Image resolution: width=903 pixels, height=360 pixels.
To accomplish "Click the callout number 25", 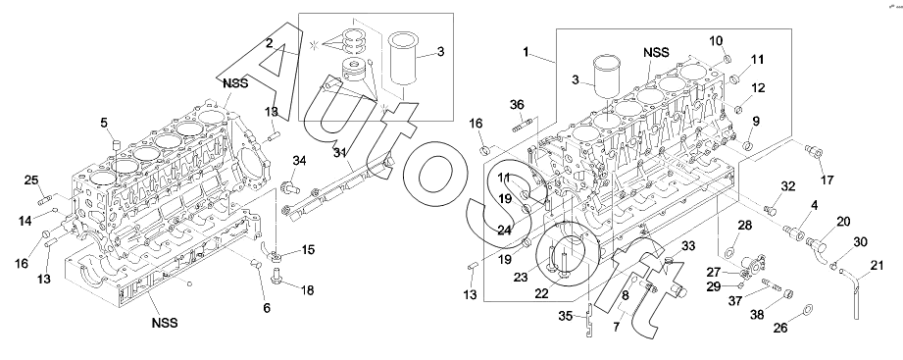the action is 31,180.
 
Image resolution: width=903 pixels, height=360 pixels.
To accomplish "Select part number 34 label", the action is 299,160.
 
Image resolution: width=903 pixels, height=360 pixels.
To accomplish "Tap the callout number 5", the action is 104,122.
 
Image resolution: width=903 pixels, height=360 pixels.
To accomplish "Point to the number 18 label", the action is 307,290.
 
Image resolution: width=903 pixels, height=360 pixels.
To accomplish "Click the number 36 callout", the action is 517,104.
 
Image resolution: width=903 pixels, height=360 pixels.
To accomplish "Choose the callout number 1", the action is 526,52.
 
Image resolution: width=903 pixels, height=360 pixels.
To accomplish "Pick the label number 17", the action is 827,180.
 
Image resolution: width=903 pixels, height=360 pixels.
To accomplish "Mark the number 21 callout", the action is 877,265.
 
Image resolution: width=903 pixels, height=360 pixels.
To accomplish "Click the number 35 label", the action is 566,315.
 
